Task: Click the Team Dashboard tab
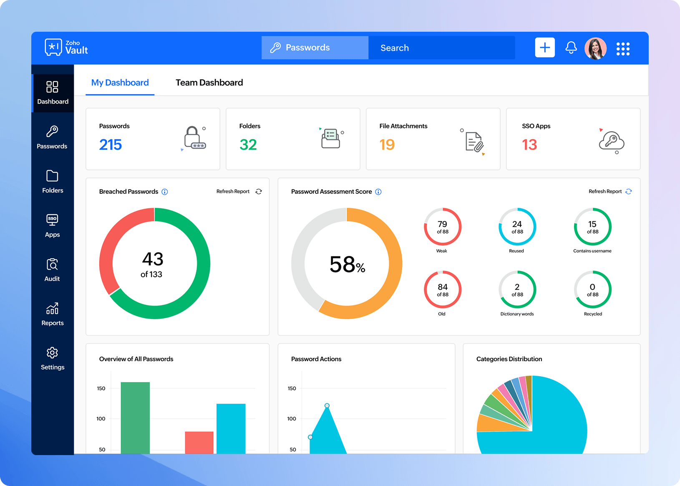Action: coord(209,83)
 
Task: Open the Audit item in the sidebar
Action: coord(52,270)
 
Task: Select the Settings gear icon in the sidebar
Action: coord(52,353)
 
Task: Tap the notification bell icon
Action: coord(571,48)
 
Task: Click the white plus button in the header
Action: coord(545,48)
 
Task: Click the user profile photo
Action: coord(595,48)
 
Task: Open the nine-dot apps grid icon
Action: coord(623,48)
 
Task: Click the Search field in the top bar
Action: coord(441,48)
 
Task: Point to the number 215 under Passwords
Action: coord(111,145)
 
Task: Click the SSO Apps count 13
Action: coord(529,145)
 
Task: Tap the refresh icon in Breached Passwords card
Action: coord(259,191)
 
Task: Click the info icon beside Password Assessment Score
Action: coord(378,192)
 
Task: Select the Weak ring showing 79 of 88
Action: coord(442,227)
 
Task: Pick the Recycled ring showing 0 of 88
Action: coord(592,290)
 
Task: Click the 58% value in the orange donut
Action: coord(347,264)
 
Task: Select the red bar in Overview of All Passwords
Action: coord(199,442)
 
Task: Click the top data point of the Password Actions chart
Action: coord(327,406)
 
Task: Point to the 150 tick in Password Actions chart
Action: coord(292,388)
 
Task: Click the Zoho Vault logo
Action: coord(66,48)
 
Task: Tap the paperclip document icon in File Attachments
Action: coord(474,142)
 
